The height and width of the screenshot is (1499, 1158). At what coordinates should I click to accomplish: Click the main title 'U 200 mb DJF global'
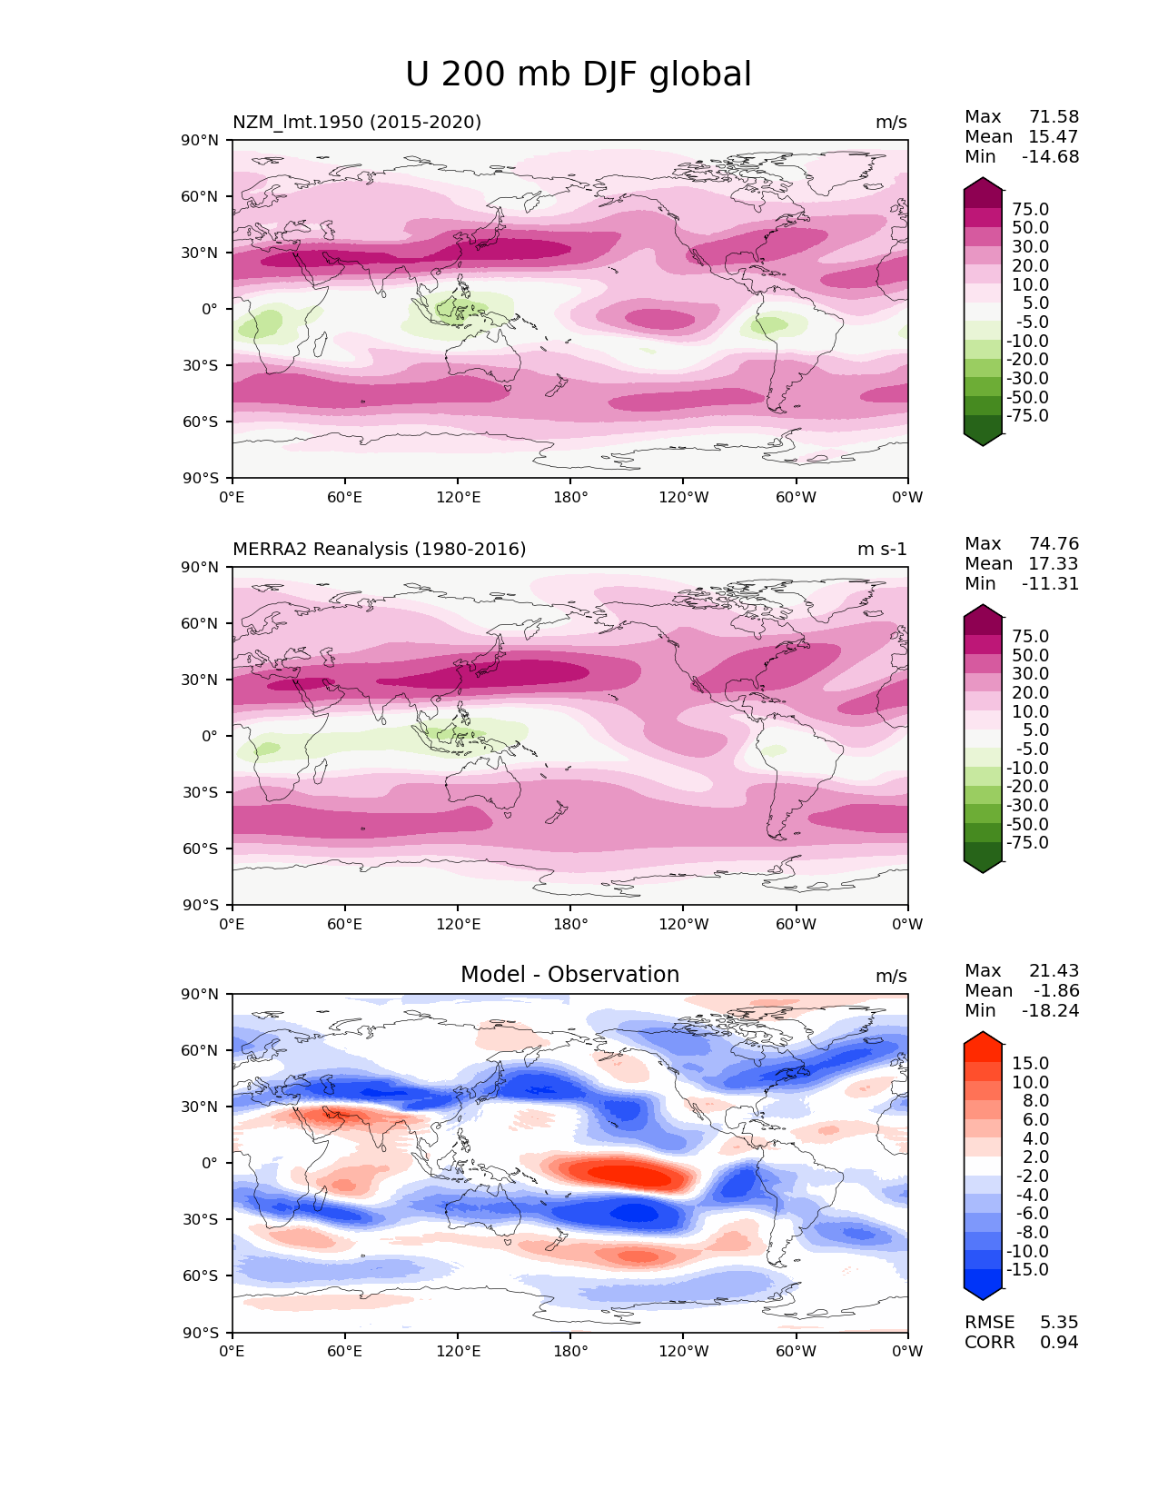point(578,74)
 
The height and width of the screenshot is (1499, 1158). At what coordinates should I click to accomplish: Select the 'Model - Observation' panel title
point(569,975)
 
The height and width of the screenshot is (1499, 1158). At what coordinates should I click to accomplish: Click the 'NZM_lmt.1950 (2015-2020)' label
point(357,122)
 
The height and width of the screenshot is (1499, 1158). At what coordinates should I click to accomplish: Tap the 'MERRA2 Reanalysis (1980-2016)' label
point(379,549)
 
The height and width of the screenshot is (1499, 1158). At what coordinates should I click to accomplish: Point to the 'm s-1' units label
point(882,549)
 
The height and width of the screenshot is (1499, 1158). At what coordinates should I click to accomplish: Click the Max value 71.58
point(1054,116)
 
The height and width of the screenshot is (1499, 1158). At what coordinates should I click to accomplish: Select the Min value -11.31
point(1050,583)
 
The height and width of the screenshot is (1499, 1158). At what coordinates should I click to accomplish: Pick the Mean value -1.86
point(1056,990)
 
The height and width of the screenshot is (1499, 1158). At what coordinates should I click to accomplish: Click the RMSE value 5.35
point(1059,1322)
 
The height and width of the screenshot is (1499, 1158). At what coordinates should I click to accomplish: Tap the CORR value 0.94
point(1059,1342)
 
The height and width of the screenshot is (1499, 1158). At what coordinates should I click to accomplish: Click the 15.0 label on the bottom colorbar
point(1030,1063)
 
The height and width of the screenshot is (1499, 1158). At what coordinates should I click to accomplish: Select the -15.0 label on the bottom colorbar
point(1027,1269)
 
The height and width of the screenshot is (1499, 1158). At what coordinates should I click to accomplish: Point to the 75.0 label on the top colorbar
point(1030,209)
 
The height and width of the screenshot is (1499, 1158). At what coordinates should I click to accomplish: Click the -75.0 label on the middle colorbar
point(1027,842)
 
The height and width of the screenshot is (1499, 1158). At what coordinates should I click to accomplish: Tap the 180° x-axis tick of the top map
point(570,497)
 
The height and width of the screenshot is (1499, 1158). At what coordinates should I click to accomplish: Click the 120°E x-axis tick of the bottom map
point(458,1351)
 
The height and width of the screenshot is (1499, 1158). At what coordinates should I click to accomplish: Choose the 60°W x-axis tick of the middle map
point(796,924)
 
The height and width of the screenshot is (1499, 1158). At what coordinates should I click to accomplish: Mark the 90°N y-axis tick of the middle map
point(200,567)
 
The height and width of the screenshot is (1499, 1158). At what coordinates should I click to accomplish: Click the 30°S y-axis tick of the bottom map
point(200,1219)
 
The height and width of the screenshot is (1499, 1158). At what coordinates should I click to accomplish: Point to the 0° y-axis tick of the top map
point(210,309)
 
